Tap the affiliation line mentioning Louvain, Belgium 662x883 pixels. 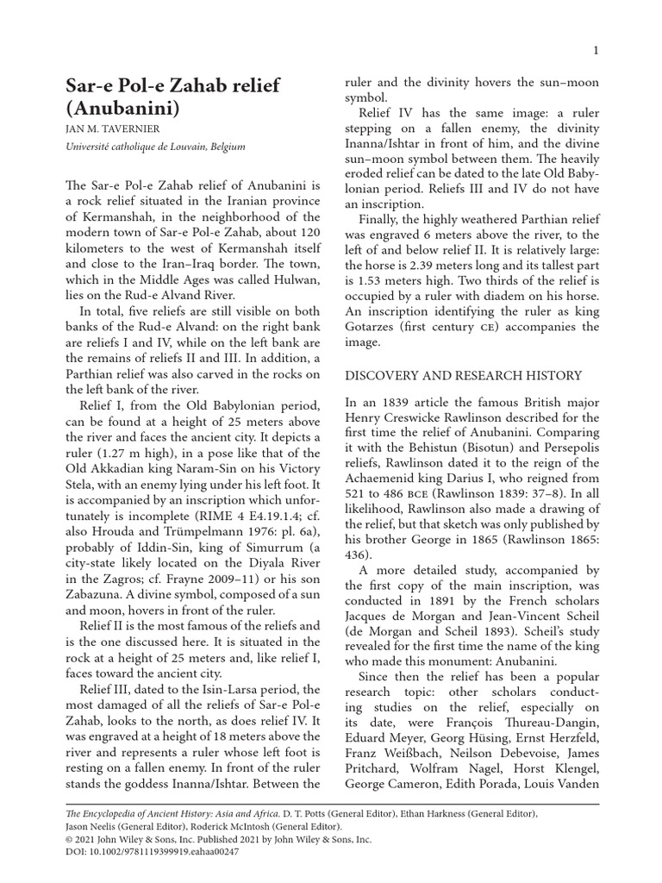156,147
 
